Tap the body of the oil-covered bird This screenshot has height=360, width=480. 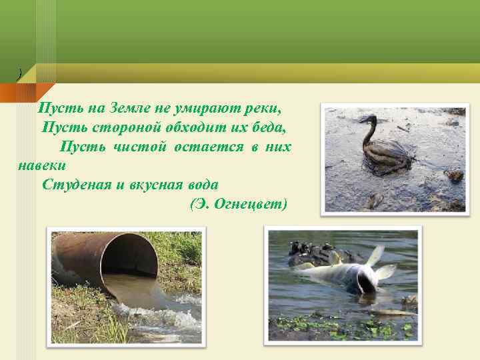(386, 157)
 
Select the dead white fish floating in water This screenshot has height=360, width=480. (347, 272)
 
